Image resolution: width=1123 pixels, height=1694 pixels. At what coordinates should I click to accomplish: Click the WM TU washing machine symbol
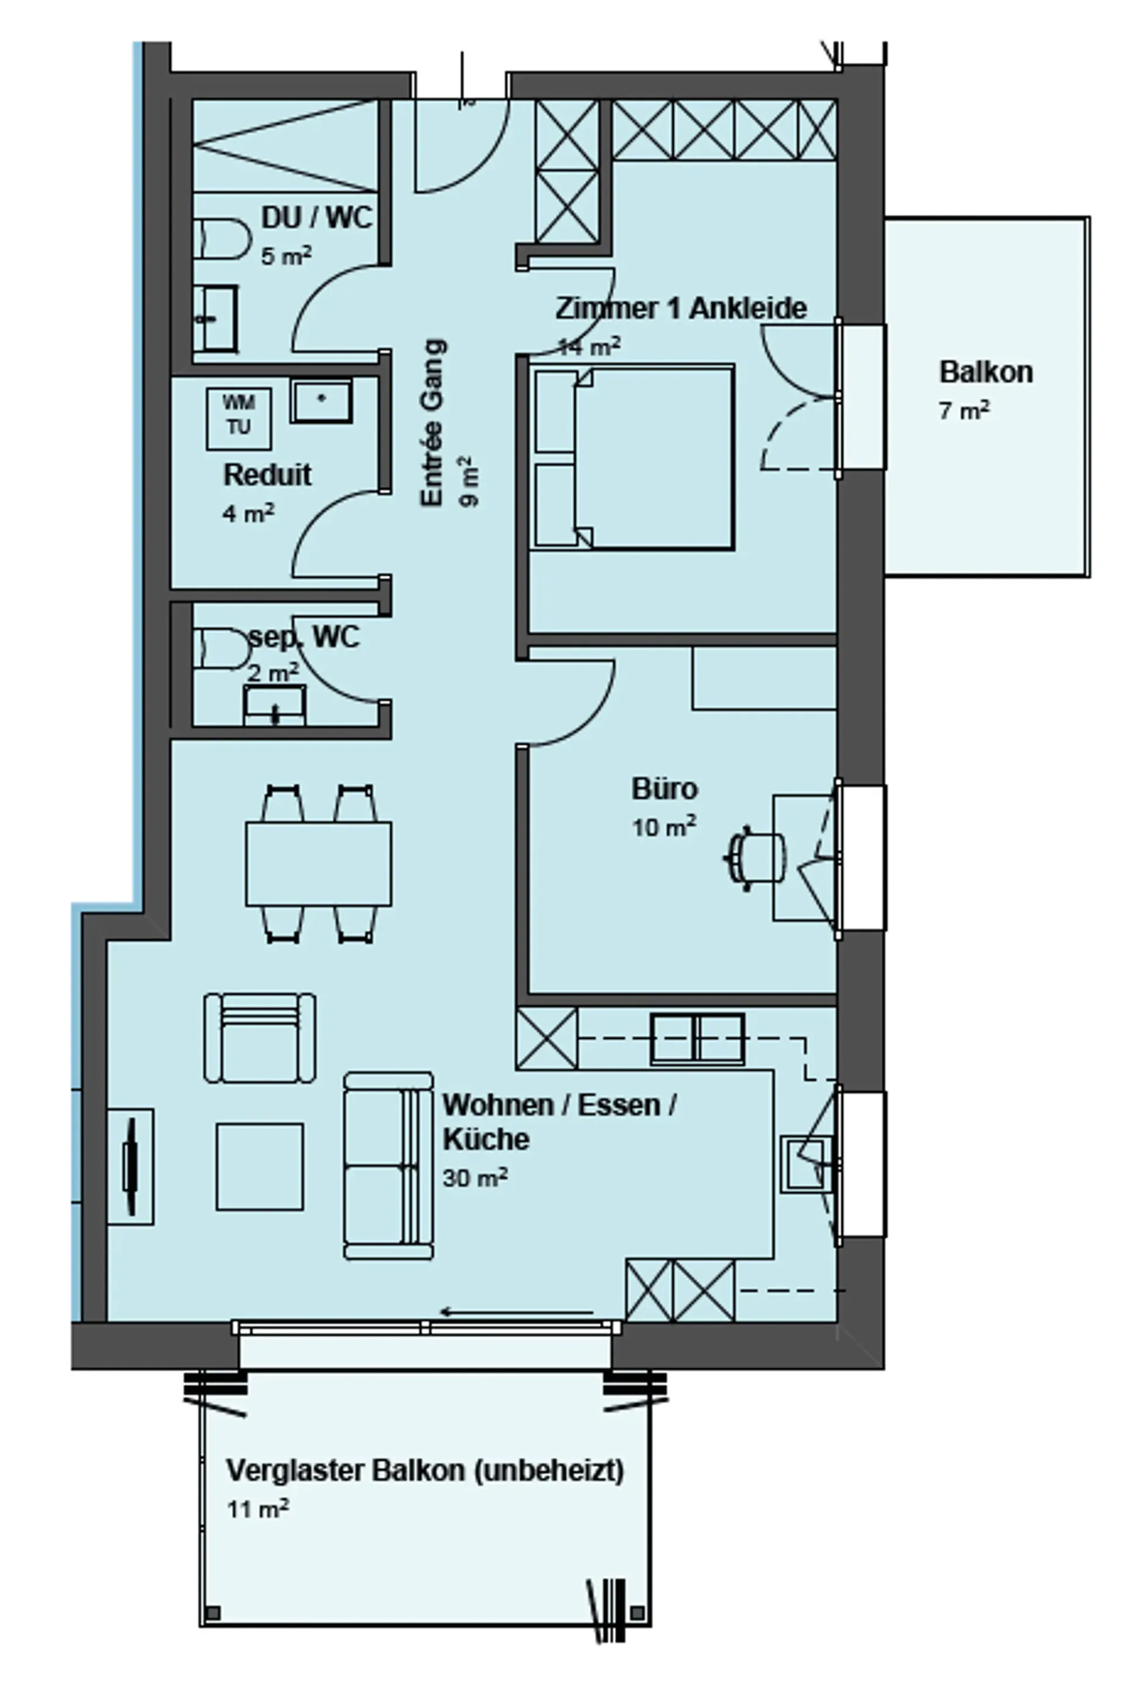[x=239, y=418]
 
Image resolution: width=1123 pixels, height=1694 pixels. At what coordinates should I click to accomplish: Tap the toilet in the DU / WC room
[x=222, y=239]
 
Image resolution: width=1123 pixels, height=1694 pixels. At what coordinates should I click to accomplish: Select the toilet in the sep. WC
[x=222, y=649]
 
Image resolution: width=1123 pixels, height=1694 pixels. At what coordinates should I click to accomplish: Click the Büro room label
[x=664, y=789]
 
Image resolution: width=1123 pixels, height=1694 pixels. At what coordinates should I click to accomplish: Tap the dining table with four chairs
[x=319, y=863]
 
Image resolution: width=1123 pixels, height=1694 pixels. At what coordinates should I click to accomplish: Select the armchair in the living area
[x=260, y=1038]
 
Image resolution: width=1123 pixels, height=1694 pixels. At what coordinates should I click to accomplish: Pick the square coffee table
[x=260, y=1167]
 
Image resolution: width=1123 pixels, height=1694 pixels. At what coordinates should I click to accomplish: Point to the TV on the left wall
[x=130, y=1167]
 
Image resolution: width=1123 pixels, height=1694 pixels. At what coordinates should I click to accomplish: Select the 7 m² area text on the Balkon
[x=964, y=411]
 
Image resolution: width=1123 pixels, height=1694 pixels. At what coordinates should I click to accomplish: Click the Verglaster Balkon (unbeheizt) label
[x=425, y=1471]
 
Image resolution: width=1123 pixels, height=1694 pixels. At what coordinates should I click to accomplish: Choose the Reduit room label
[x=267, y=475]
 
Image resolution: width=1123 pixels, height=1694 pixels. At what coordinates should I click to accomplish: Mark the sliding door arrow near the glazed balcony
[x=516, y=1312]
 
